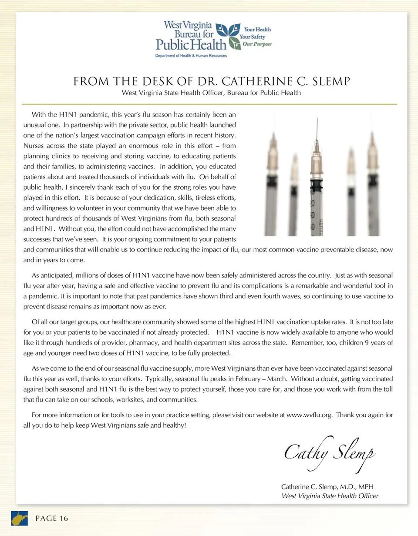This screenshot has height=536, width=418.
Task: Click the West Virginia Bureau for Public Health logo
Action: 213,38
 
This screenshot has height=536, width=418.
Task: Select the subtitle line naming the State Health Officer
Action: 211,93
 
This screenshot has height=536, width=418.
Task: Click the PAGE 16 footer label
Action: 51,518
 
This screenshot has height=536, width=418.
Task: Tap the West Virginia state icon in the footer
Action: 19,518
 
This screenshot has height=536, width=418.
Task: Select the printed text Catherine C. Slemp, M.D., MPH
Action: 327,486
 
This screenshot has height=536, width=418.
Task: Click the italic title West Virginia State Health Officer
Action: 330,496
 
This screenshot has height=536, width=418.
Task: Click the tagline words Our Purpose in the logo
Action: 257,44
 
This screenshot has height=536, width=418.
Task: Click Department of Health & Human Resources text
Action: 191,56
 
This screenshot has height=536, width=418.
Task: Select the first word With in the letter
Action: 38,115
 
